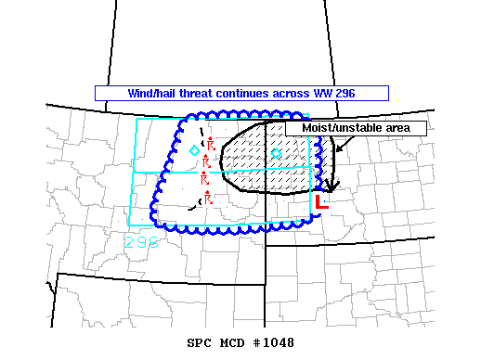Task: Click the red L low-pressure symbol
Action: click(x=321, y=200)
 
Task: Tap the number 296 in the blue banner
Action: click(x=345, y=94)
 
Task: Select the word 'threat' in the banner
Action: click(x=201, y=94)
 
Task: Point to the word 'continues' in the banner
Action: click(x=249, y=94)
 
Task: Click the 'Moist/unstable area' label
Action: click(x=356, y=128)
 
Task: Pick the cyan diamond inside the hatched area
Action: click(x=276, y=153)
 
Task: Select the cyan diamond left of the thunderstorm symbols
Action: click(x=193, y=150)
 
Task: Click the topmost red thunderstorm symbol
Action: click(x=211, y=144)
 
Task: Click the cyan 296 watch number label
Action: click(x=141, y=242)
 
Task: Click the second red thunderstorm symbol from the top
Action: click(x=206, y=162)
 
